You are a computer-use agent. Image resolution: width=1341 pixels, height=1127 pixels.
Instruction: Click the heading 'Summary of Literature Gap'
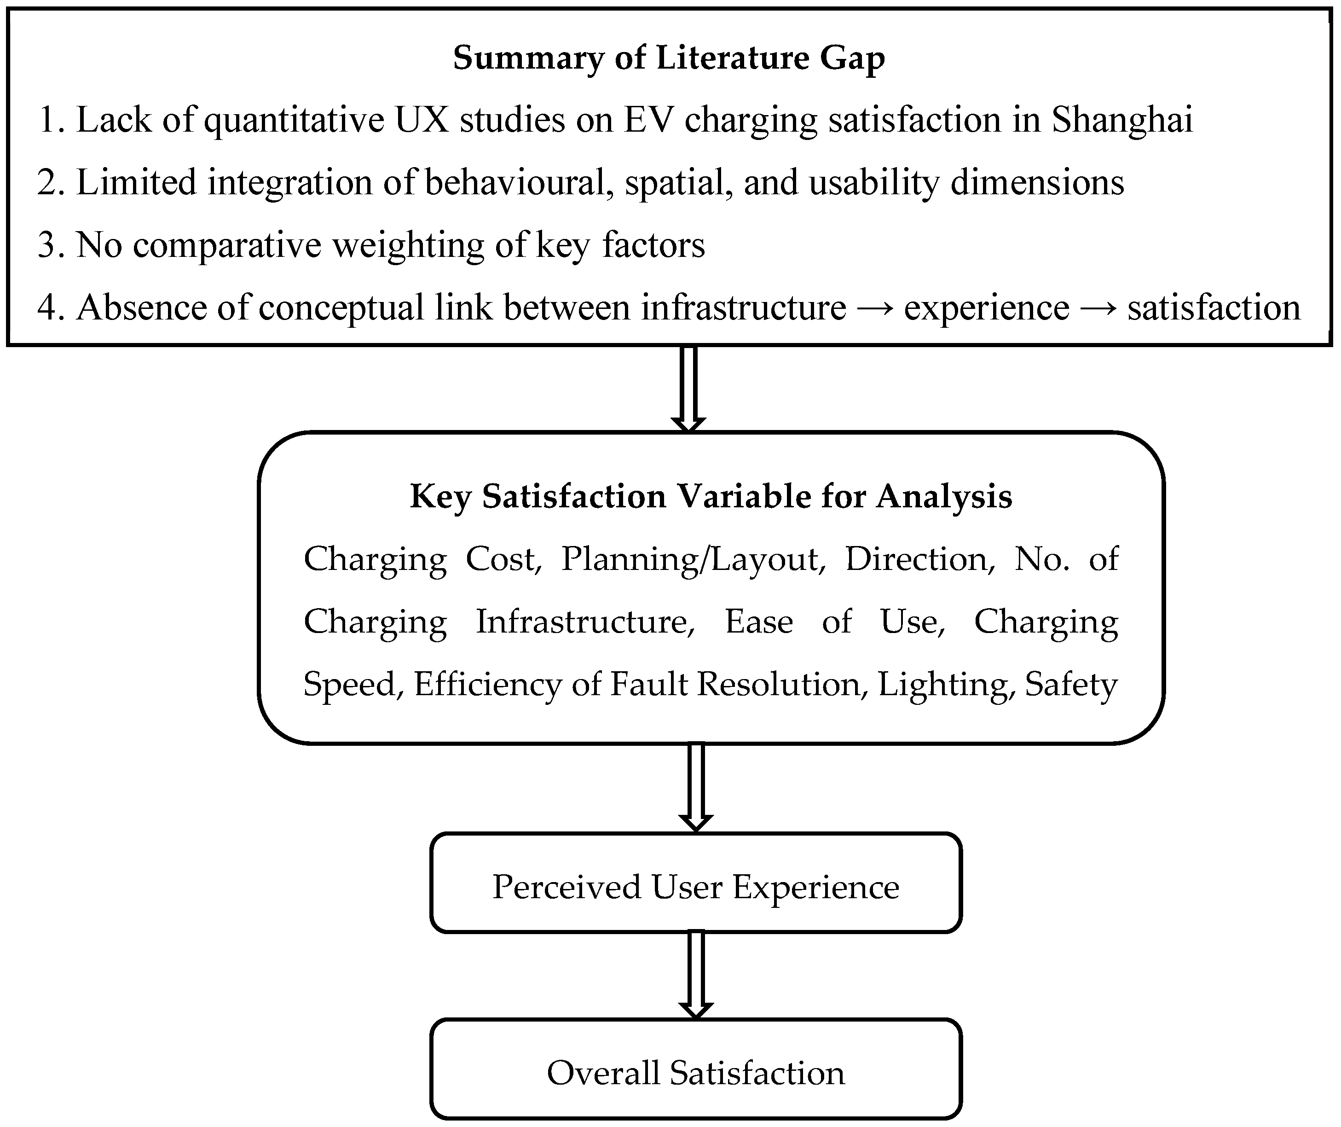click(x=669, y=58)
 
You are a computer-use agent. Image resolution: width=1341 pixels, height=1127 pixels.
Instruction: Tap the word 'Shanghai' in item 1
click(x=1122, y=120)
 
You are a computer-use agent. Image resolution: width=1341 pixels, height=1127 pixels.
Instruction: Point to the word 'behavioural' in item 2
click(x=514, y=182)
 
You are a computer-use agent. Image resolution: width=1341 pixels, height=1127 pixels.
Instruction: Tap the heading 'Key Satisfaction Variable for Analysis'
click(x=711, y=496)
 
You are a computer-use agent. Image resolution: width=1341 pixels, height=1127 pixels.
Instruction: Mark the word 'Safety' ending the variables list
click(x=1071, y=684)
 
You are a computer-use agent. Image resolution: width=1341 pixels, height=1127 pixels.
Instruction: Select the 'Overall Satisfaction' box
click(x=695, y=1073)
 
